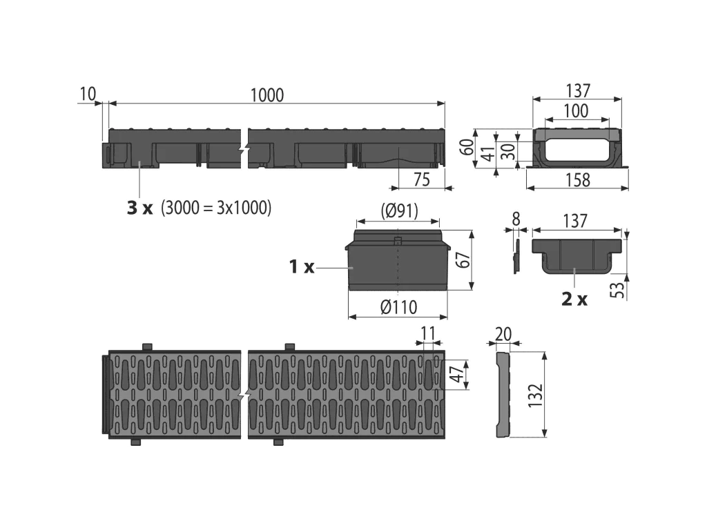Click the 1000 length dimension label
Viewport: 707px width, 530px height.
coord(267,95)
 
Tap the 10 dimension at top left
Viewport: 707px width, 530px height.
coord(88,94)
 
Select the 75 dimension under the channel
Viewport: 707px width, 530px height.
coord(422,180)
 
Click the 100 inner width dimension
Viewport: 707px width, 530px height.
coord(577,111)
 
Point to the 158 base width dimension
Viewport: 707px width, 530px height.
coord(577,180)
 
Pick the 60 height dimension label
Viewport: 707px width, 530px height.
coord(467,147)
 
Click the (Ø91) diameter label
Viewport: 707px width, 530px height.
coord(400,211)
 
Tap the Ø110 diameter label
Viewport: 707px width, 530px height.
coord(398,307)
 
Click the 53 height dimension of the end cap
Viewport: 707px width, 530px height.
coord(619,289)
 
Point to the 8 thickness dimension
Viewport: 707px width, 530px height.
coord(516,219)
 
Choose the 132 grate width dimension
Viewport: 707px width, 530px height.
coord(536,395)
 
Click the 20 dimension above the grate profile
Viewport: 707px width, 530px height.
coord(503,334)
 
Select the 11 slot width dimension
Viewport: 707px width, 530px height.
coord(428,333)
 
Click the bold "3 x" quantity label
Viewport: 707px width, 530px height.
coord(139,208)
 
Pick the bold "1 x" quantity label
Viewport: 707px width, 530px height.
coord(302,267)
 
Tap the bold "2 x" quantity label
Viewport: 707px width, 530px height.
coord(574,299)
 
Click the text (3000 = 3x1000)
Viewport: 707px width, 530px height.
coord(216,208)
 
